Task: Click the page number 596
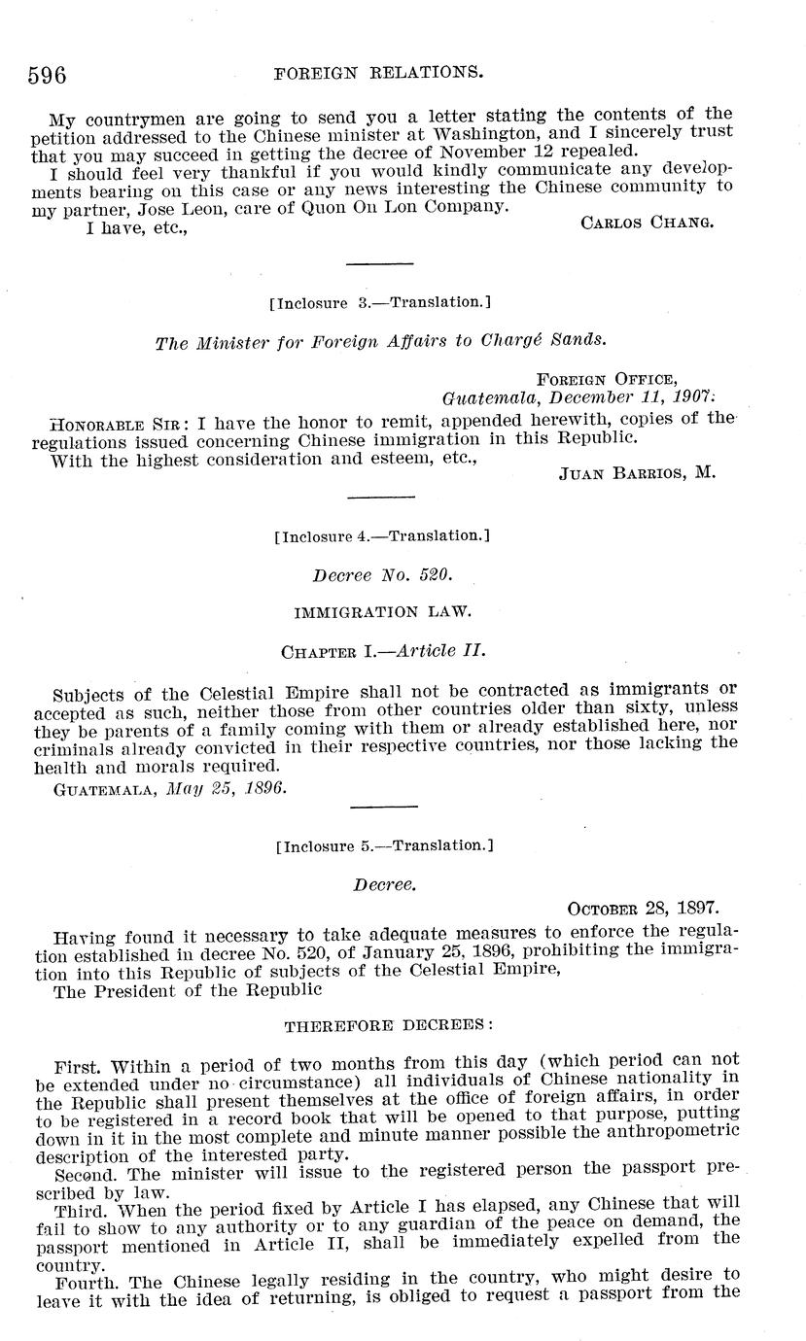coord(47,75)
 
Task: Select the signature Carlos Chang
coord(647,223)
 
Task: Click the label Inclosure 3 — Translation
coord(375,303)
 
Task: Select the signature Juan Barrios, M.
coord(637,475)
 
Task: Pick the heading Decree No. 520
coord(382,575)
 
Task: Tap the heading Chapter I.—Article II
coord(382,651)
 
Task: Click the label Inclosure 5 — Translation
coord(384,846)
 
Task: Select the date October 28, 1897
coord(643,910)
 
